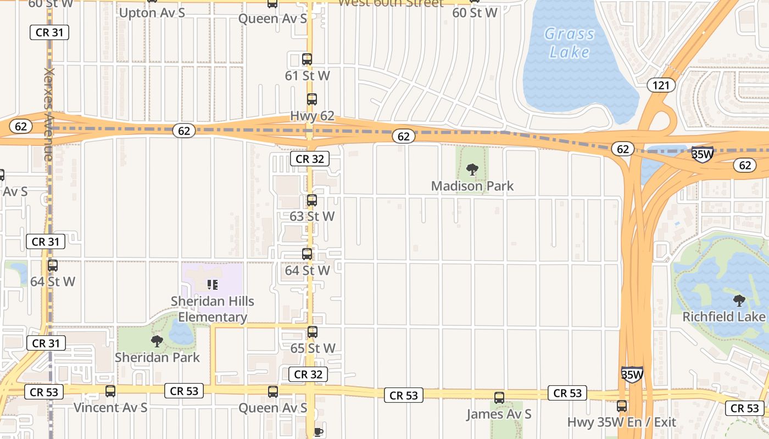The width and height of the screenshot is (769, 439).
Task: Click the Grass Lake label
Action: (569, 43)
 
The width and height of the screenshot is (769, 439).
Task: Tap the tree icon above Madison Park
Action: (472, 169)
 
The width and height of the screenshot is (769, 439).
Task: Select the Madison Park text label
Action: (472, 186)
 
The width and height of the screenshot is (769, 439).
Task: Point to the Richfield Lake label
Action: (723, 317)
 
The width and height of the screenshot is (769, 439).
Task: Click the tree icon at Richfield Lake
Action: (739, 300)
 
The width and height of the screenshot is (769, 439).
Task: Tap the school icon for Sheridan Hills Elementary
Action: (213, 284)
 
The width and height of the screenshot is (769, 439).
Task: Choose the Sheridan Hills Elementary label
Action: (213, 309)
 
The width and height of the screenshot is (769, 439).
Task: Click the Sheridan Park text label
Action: (157, 357)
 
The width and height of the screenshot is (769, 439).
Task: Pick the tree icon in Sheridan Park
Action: (157, 341)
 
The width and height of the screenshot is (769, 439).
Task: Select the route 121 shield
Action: (661, 85)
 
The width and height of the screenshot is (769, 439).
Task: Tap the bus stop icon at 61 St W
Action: (307, 59)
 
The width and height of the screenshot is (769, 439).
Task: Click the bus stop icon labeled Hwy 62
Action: (312, 99)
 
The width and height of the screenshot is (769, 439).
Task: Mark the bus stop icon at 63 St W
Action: (312, 200)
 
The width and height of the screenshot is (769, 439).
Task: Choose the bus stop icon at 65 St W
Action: (313, 332)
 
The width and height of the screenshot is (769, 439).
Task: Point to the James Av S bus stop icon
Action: (499, 398)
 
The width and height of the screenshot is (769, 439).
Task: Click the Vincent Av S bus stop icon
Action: (110, 391)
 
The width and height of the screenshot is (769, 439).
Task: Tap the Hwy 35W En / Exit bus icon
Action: (622, 406)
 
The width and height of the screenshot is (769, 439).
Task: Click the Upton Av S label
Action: (152, 13)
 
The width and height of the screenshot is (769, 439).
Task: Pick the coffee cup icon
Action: (317, 432)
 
